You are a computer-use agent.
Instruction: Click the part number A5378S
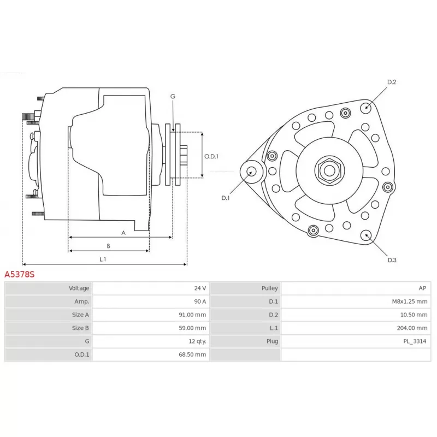(20, 274)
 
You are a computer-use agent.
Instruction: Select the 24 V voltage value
(200, 288)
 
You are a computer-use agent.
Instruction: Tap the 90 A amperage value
(200, 302)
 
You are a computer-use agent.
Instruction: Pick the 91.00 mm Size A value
(193, 315)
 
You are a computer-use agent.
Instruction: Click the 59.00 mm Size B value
(193, 328)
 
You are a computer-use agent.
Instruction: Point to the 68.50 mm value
(193, 355)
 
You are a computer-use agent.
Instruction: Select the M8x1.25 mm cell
(409, 302)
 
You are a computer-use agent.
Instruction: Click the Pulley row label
(270, 288)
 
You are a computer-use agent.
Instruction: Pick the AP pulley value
(422, 288)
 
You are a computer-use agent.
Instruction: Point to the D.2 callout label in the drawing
(392, 82)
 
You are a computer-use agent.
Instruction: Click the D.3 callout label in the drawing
(392, 260)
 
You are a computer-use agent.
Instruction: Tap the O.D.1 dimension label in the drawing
(211, 156)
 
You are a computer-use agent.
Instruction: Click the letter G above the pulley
(173, 97)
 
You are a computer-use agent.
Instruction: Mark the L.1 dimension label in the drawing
(103, 259)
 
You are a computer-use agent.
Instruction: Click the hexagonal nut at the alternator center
(329, 170)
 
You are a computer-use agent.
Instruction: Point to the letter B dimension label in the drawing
(108, 246)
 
